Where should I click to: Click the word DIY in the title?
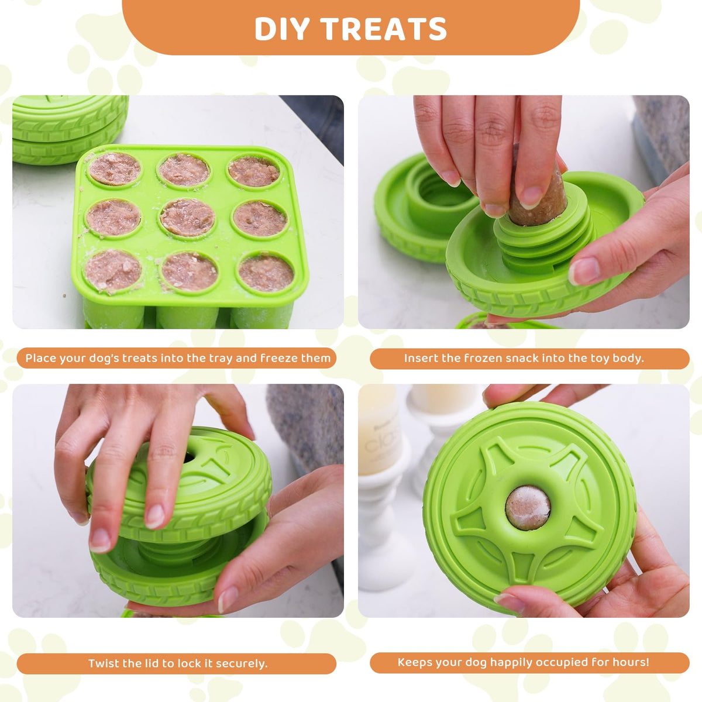pyautogui.click(x=281, y=29)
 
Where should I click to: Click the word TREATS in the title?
pyautogui.click(x=383, y=29)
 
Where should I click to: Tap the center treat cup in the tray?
pyautogui.click(x=187, y=218)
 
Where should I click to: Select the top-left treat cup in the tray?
pyautogui.click(x=115, y=168)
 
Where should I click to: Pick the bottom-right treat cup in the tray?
pyautogui.click(x=266, y=274)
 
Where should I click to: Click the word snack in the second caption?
pyautogui.click(x=521, y=359)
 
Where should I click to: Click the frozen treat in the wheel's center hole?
pyautogui.click(x=527, y=508)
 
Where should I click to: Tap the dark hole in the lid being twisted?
pyautogui.click(x=190, y=457)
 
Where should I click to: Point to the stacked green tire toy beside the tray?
pyautogui.click(x=69, y=129)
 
